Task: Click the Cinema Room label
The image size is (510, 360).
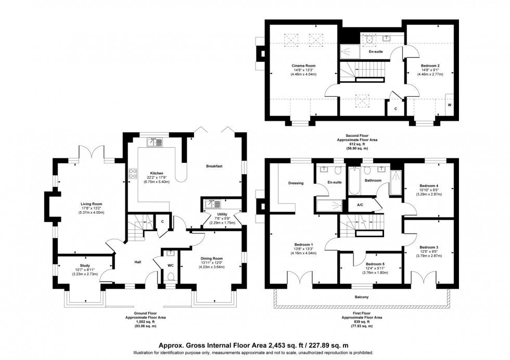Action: coord(303,66)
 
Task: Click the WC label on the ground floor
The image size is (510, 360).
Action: coord(170,264)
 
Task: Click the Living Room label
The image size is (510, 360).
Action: coord(91,204)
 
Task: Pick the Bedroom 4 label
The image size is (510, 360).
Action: coord(429,185)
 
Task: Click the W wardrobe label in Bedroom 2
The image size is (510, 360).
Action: coord(449,105)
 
